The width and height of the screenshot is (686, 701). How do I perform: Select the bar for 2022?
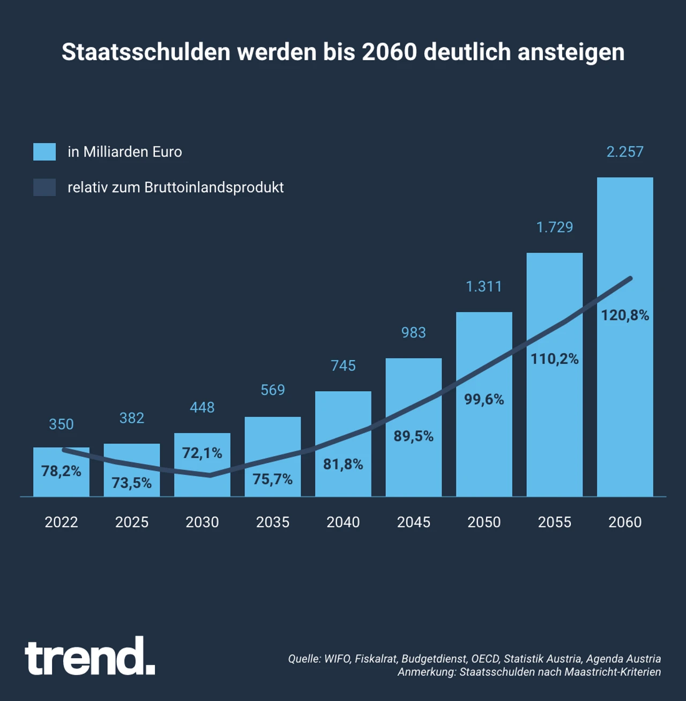(61, 482)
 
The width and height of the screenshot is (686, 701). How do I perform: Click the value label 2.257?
(625, 152)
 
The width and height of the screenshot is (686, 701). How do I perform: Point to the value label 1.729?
(555, 227)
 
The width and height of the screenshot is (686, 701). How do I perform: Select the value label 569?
(272, 390)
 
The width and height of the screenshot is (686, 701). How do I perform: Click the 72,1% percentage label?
(202, 453)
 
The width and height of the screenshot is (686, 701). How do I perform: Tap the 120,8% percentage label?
(625, 315)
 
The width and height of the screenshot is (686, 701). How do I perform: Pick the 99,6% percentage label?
(484, 399)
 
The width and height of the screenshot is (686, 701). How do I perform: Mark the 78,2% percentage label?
(61, 471)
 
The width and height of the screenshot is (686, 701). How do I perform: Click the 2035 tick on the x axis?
(272, 522)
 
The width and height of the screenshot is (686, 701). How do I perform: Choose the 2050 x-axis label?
(484, 522)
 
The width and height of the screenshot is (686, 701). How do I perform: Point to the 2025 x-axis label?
(132, 522)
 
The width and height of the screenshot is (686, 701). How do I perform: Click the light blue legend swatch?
(44, 152)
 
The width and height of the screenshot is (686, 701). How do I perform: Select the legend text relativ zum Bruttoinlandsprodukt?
(175, 188)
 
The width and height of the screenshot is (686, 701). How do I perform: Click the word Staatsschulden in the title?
(146, 52)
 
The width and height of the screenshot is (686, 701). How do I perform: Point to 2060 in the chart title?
(389, 52)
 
